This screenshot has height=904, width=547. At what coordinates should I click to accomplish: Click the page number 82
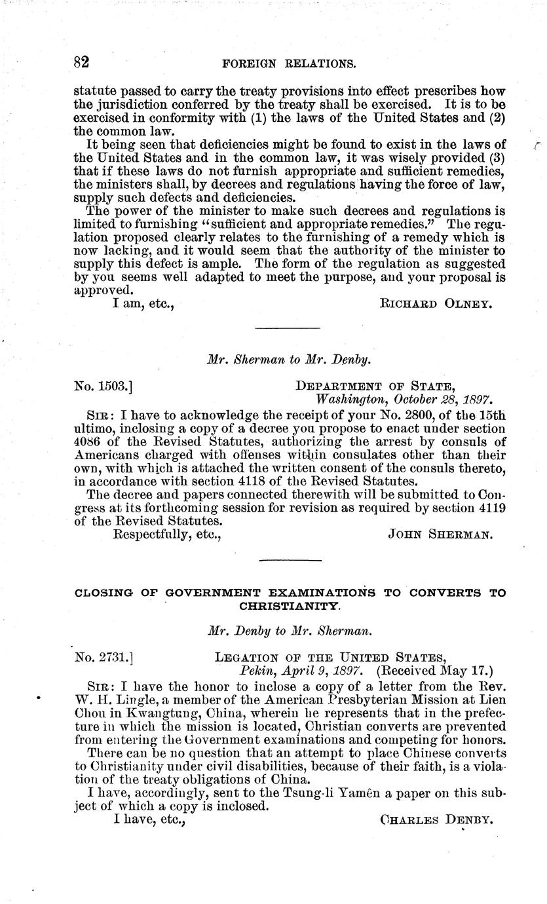coord(81,63)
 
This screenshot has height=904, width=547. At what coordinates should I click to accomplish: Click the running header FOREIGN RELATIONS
coord(289,64)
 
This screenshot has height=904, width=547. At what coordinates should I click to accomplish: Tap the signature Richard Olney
coord(435,304)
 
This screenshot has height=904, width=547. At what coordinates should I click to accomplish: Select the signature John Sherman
coord(440,535)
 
